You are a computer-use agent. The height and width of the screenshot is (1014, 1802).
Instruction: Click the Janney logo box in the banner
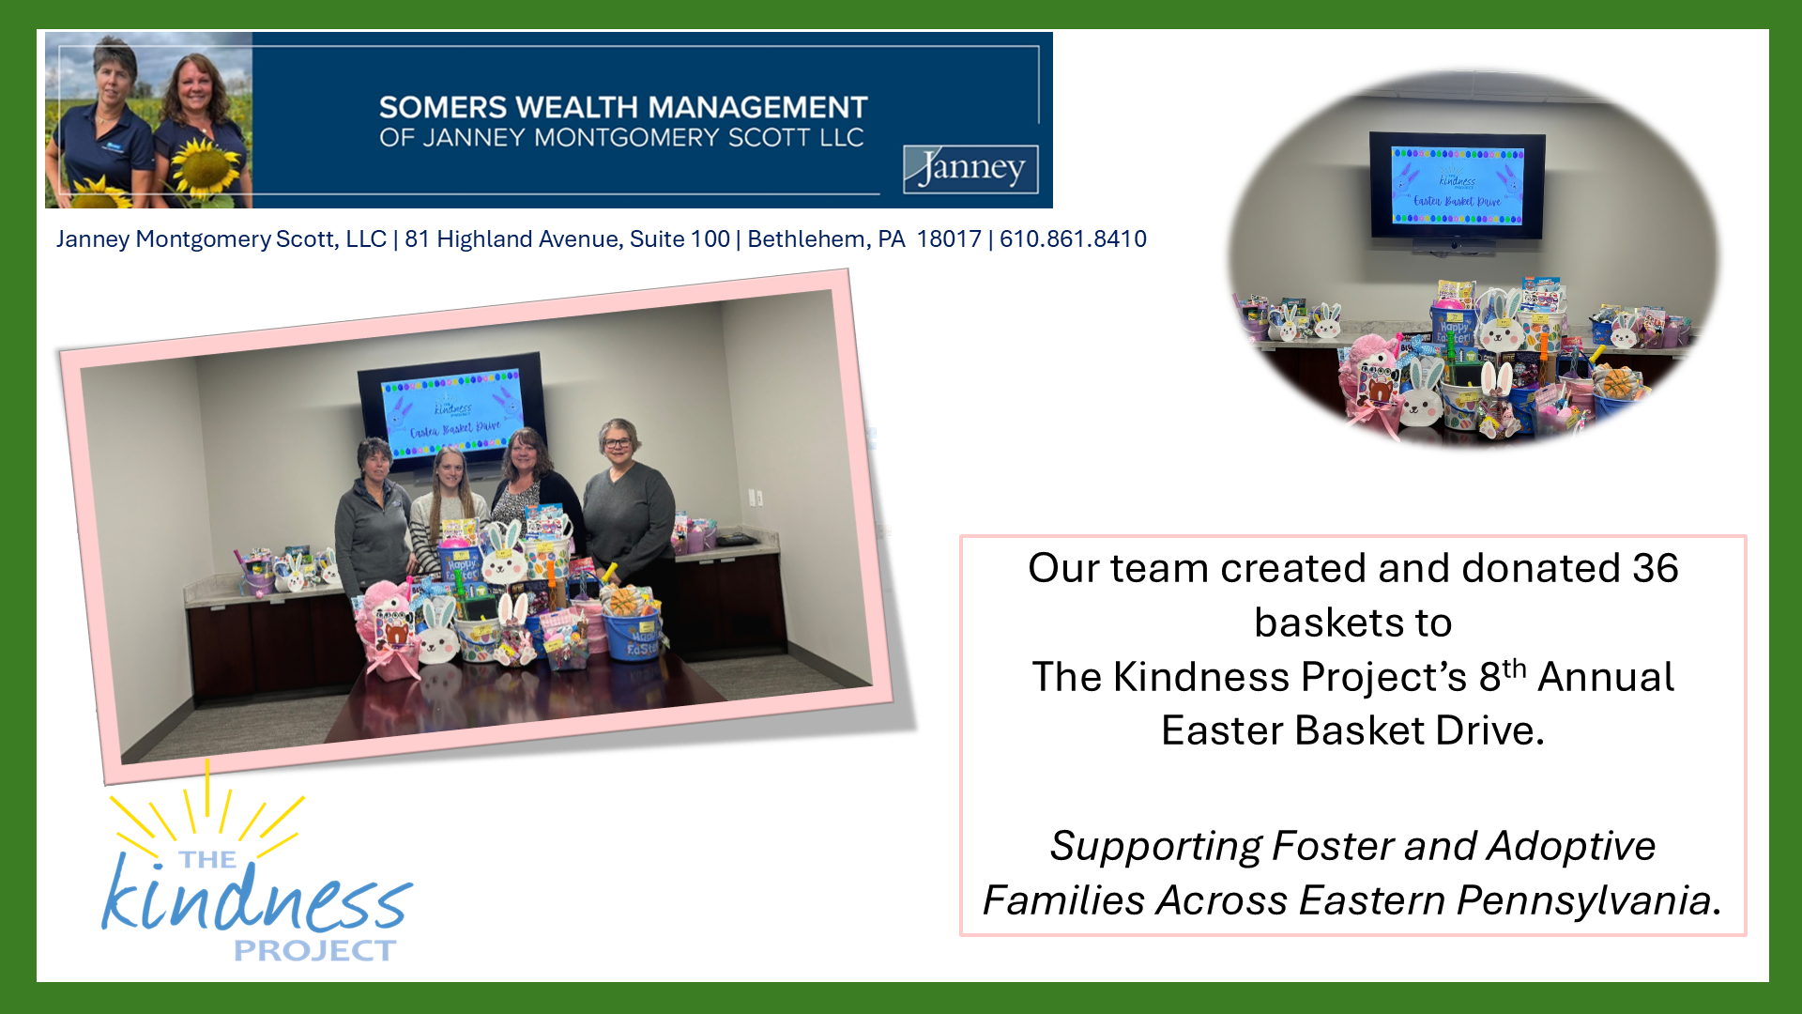pyautogui.click(x=970, y=169)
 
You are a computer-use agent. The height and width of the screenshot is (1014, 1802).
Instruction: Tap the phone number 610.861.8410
pyautogui.click(x=1073, y=239)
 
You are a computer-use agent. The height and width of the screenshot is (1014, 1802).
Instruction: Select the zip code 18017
pyautogui.click(x=949, y=239)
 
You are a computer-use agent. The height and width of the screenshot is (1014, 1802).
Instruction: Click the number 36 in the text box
pyautogui.click(x=1655, y=569)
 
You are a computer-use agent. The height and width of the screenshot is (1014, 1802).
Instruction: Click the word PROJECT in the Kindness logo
pyautogui.click(x=314, y=950)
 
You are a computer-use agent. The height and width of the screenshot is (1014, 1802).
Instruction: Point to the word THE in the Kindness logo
pyautogui.click(x=207, y=859)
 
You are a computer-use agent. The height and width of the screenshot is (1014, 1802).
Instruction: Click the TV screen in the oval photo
pyautogui.click(x=1457, y=186)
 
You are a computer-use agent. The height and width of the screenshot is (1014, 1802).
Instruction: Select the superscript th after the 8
pyautogui.click(x=1514, y=668)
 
